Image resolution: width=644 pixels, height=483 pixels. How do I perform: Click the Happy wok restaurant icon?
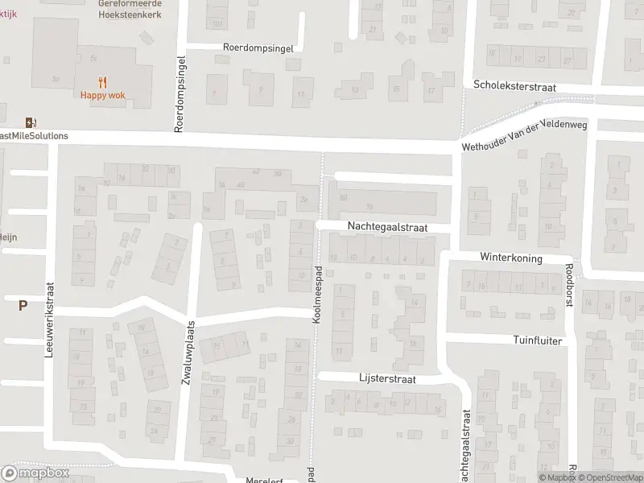click(102, 81)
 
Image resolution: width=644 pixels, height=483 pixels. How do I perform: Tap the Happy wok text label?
click(102, 95)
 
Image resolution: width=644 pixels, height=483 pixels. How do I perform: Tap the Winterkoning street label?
click(511, 258)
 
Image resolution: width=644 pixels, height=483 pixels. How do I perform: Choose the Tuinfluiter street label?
click(537, 341)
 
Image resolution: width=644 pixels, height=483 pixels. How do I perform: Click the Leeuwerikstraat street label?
click(50, 319)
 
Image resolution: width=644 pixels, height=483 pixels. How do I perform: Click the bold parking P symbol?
click(23, 305)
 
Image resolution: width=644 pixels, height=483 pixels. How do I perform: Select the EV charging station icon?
click(31, 122)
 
